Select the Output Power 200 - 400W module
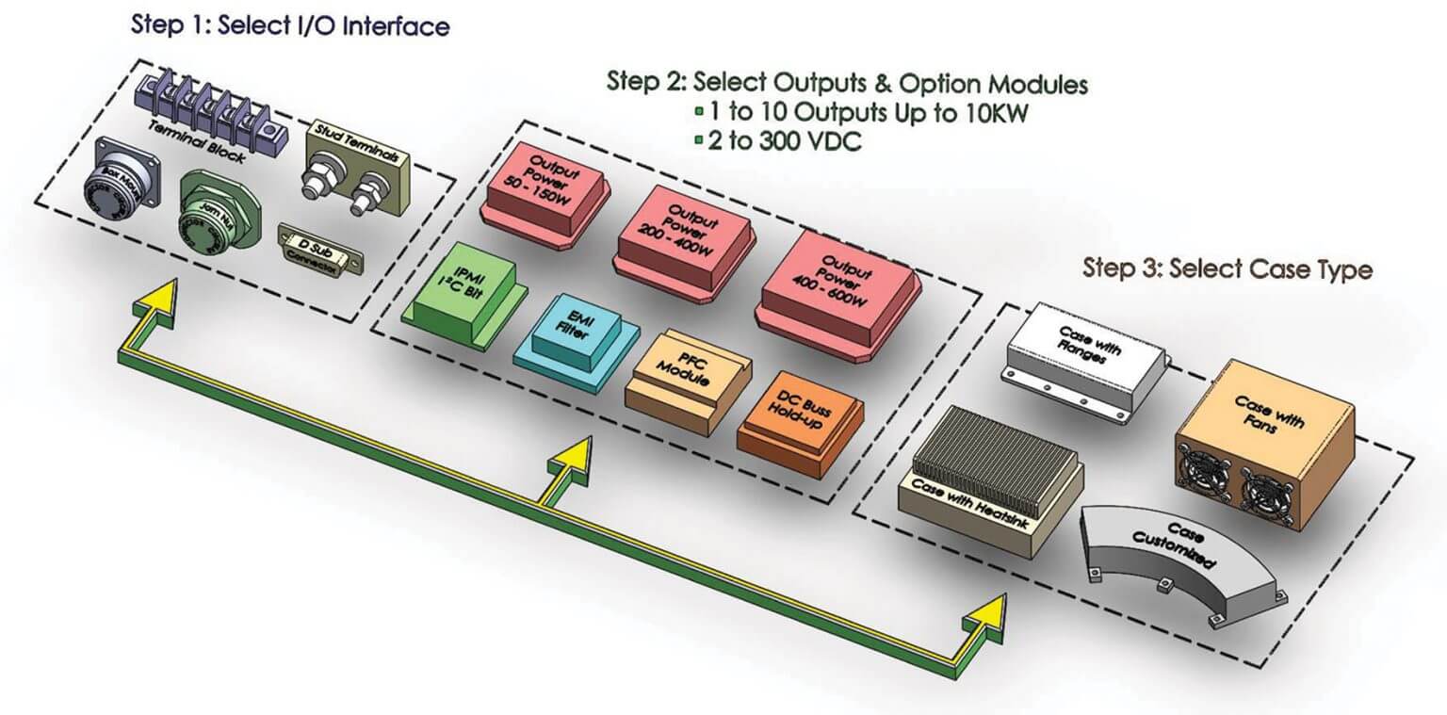click(x=685, y=235)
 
